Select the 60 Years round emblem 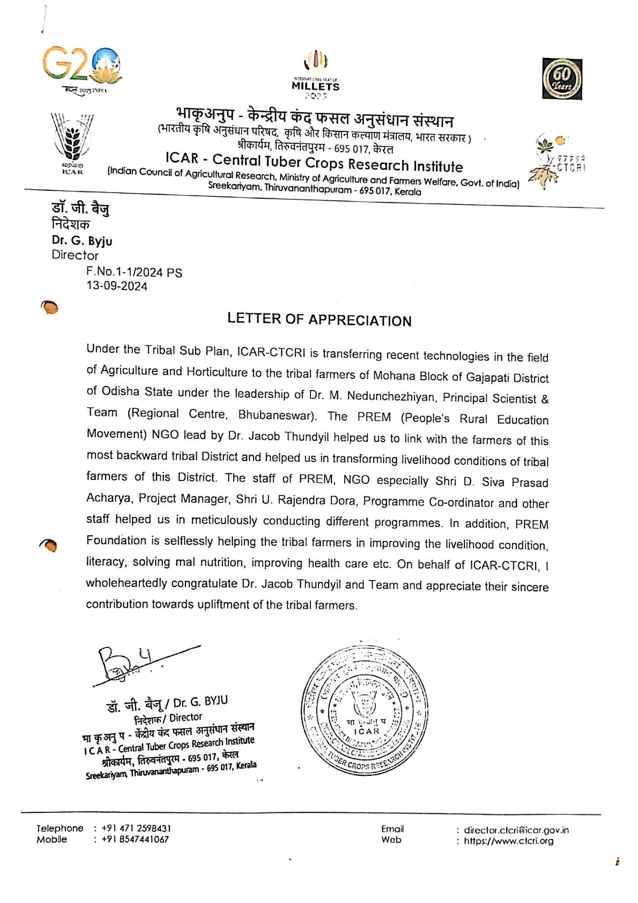tap(562, 79)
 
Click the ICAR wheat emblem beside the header tap(72, 142)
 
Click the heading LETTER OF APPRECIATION tap(320, 320)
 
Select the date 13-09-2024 tap(117, 286)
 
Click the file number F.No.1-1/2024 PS tap(134, 272)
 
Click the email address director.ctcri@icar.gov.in tap(516, 831)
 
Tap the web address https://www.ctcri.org tap(508, 841)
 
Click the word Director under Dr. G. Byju tap(75, 255)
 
